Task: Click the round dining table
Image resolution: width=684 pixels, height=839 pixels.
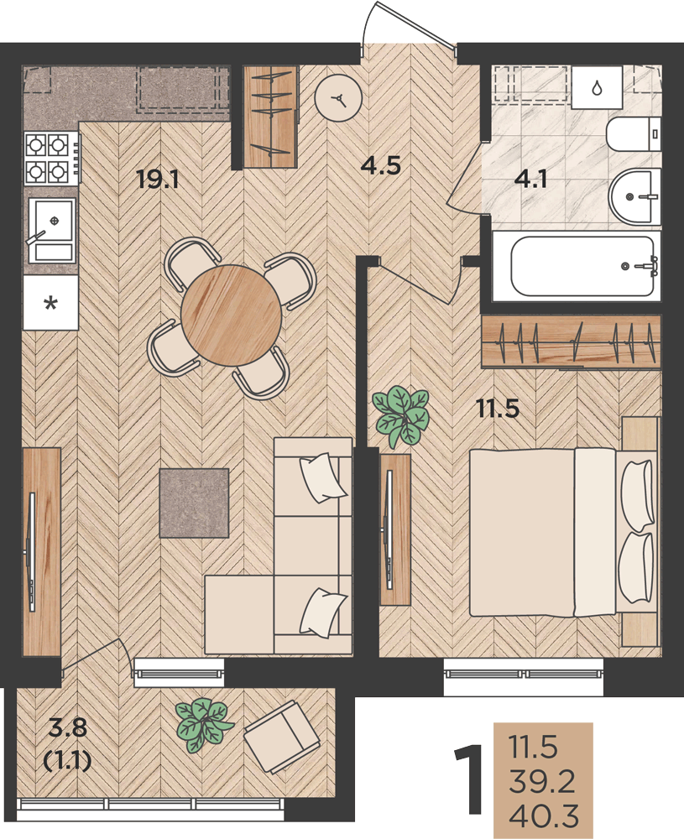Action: click(x=231, y=315)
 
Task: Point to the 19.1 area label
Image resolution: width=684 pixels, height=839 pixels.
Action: click(x=157, y=179)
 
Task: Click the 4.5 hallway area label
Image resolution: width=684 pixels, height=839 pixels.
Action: click(x=380, y=165)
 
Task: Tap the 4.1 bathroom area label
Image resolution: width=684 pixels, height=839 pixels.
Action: click(x=530, y=179)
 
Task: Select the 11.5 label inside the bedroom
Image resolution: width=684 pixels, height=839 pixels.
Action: click(x=499, y=409)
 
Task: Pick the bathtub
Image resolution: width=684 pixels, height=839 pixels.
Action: click(x=582, y=266)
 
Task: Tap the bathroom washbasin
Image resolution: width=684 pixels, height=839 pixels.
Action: click(x=635, y=196)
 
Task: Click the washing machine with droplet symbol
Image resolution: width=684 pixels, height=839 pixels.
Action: click(x=597, y=87)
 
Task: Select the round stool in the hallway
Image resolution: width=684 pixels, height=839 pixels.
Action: click(x=338, y=99)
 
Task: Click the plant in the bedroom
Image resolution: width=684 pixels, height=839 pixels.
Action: click(x=401, y=416)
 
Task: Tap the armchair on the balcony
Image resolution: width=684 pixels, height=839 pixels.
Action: click(x=282, y=737)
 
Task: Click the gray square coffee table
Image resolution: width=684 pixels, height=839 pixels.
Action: click(x=194, y=503)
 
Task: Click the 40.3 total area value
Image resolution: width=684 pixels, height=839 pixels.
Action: click(x=544, y=817)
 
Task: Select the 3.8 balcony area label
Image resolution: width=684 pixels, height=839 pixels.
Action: click(x=67, y=727)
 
